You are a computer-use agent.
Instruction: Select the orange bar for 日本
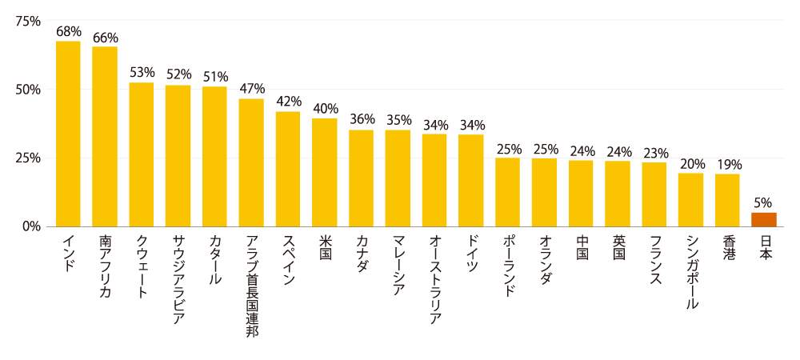click(764, 219)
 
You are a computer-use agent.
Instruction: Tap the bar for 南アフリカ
click(105, 136)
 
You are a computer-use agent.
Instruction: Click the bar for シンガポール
click(690, 199)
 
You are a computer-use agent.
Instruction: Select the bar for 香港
click(727, 200)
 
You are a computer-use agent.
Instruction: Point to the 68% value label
click(69, 32)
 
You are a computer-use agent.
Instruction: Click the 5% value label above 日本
click(763, 203)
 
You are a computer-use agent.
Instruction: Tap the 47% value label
click(251, 89)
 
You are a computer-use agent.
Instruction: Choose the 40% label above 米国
click(325, 109)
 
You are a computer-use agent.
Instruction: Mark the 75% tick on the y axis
click(28, 21)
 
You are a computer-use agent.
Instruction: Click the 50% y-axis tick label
click(28, 90)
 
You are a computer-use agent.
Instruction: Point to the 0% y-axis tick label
click(31, 226)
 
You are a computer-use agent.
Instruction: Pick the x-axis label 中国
click(582, 247)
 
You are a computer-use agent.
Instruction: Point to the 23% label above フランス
click(654, 153)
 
